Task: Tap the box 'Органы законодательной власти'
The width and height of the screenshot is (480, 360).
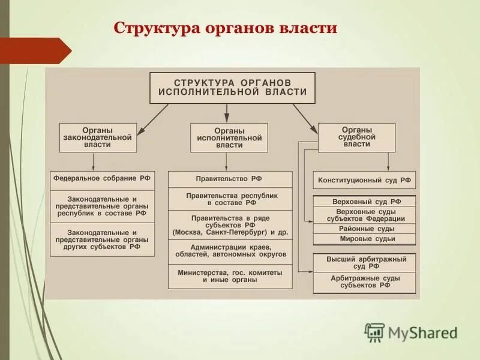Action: tap(98, 137)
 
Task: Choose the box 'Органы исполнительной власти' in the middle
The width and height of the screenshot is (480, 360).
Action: tap(229, 137)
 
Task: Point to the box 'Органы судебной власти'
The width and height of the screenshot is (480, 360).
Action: tap(356, 136)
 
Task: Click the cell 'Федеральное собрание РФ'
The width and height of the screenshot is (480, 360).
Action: tap(102, 179)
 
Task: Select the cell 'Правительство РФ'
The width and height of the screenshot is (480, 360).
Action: tap(230, 179)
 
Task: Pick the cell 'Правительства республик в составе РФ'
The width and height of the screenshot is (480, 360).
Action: tap(230, 199)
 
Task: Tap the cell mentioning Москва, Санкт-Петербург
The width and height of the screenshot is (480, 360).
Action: tap(230, 224)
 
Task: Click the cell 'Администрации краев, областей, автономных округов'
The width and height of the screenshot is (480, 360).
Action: tap(230, 251)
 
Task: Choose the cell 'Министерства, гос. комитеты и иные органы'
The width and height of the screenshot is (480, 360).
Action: tap(230, 275)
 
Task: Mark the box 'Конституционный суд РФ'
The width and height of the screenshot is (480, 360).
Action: tap(364, 179)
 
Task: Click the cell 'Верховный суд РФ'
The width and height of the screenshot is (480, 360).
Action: tap(364, 202)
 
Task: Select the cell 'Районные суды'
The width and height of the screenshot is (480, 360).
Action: tap(364, 229)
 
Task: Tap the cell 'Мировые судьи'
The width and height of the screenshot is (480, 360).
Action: tap(364, 239)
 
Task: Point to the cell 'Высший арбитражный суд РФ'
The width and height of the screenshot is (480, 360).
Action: tap(364, 262)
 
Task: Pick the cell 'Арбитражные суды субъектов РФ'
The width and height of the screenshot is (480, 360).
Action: tap(364, 281)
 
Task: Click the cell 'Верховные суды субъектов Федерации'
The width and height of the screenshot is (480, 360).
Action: tap(364, 215)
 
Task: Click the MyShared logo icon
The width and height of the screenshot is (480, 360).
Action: tap(374, 332)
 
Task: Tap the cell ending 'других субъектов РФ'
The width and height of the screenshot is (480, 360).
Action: tap(102, 239)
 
